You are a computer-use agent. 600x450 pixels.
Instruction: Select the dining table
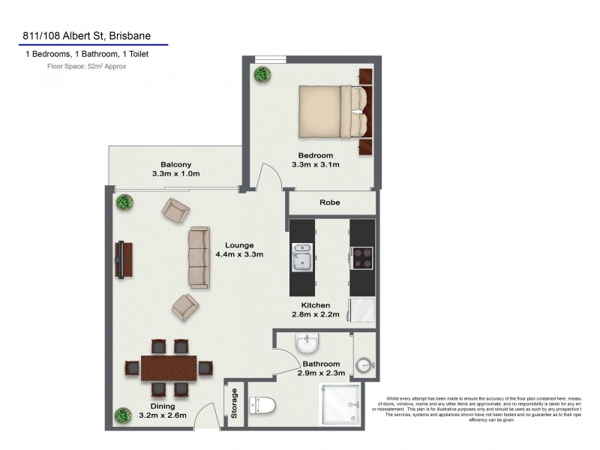coord(169,368)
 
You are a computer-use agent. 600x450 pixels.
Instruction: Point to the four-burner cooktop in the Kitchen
coord(363,257)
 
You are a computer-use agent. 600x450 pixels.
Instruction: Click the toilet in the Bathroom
coord(262,406)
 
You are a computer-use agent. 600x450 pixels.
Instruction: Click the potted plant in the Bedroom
coord(262,74)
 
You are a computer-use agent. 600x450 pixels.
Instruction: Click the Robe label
coord(330,202)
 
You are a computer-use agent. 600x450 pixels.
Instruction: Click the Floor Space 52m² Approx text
coord(87,66)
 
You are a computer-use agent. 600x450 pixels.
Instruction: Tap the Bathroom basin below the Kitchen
coord(307,345)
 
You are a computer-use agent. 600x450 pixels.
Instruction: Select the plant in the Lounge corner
coord(123,202)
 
